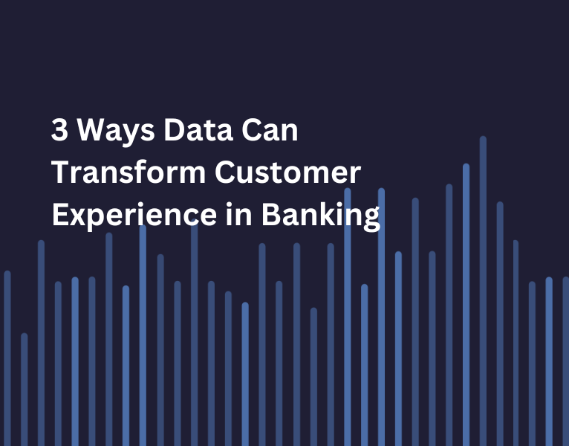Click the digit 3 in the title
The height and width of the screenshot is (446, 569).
tap(59, 132)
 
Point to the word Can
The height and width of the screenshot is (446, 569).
tap(270, 132)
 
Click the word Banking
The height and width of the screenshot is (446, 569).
tap(319, 215)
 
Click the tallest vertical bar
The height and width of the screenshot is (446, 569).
tap(483, 290)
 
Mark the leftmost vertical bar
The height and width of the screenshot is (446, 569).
tap(7, 357)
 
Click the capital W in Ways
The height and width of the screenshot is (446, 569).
tap(90, 132)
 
